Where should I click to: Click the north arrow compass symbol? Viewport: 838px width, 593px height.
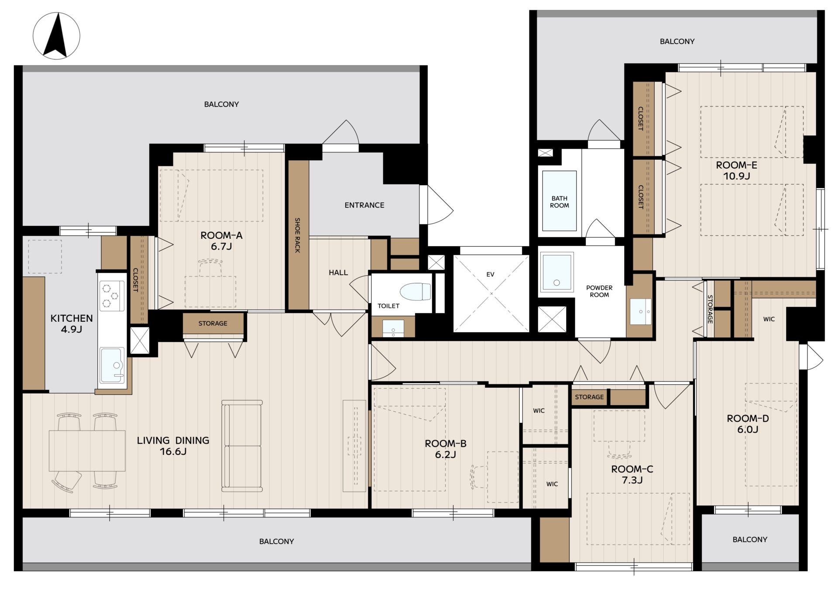click(56, 36)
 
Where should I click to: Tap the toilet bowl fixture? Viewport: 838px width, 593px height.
click(415, 292)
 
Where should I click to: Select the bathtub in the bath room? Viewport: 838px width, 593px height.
click(559, 200)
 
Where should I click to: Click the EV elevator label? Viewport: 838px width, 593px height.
click(490, 274)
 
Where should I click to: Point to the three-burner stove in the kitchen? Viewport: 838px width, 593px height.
click(112, 296)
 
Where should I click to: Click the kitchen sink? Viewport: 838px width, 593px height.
click(112, 365)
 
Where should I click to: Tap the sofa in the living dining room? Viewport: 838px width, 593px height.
click(242, 445)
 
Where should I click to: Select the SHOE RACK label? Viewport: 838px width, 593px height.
click(298, 235)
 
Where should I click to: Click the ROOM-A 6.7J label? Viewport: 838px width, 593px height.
click(221, 241)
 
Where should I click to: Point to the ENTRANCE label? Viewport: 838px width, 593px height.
click(364, 205)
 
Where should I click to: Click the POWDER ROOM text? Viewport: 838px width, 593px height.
click(599, 291)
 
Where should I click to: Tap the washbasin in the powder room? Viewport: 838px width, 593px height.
click(641, 311)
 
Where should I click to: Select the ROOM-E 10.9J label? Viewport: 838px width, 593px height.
click(736, 170)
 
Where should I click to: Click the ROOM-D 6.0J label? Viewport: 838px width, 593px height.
click(748, 424)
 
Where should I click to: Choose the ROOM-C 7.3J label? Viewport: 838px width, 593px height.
click(632, 474)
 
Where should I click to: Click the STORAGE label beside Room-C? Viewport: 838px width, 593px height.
click(589, 397)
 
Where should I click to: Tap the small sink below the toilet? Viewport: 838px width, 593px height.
click(393, 328)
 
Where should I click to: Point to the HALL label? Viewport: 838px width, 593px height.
click(338, 272)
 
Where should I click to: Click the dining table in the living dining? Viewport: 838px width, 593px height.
click(87, 451)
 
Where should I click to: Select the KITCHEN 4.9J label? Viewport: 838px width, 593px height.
click(72, 324)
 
